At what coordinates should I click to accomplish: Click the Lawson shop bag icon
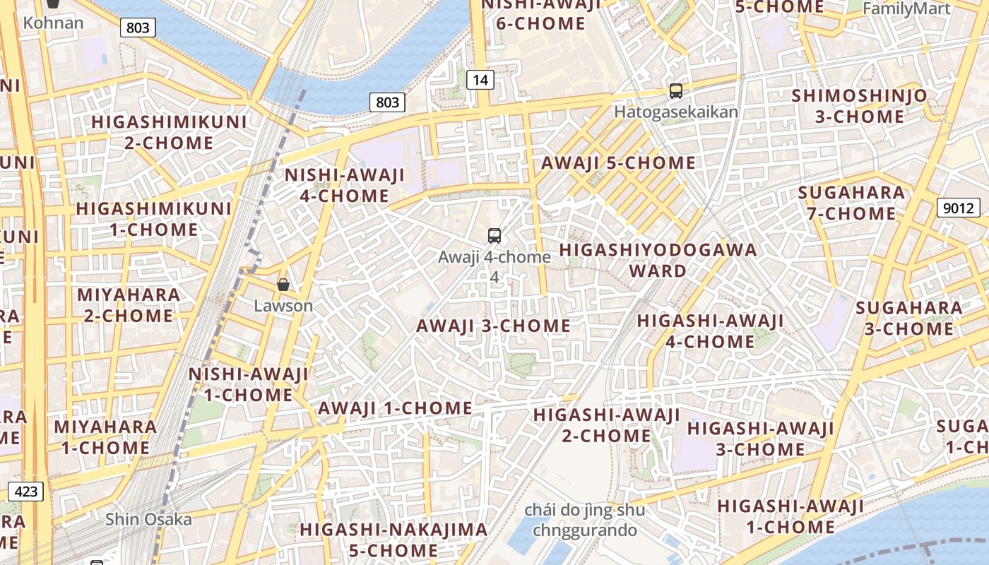point(283,285)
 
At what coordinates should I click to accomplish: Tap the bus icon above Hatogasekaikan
point(676,90)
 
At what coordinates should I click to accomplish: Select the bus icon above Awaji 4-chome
point(494,236)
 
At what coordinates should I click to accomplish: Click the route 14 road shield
point(480,80)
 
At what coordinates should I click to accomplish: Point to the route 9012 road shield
point(959,208)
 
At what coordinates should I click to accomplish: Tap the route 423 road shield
point(26,491)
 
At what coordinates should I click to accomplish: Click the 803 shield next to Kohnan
point(138,28)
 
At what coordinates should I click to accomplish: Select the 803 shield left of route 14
point(387,102)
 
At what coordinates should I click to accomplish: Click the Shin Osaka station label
point(148,520)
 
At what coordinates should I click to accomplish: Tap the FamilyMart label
point(906,8)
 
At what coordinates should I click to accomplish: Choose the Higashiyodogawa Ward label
point(658,260)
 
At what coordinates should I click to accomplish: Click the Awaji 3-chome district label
point(493,326)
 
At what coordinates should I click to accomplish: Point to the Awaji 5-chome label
point(618,163)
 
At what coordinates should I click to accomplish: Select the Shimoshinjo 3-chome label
point(860,106)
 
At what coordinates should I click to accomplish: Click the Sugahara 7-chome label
point(851,203)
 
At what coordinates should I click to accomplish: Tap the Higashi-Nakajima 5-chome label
point(393,539)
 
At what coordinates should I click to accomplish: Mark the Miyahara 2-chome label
point(129,304)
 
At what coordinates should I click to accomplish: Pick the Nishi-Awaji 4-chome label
point(344,185)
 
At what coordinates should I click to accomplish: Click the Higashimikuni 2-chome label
point(170,132)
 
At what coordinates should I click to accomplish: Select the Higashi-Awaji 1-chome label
point(790,516)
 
